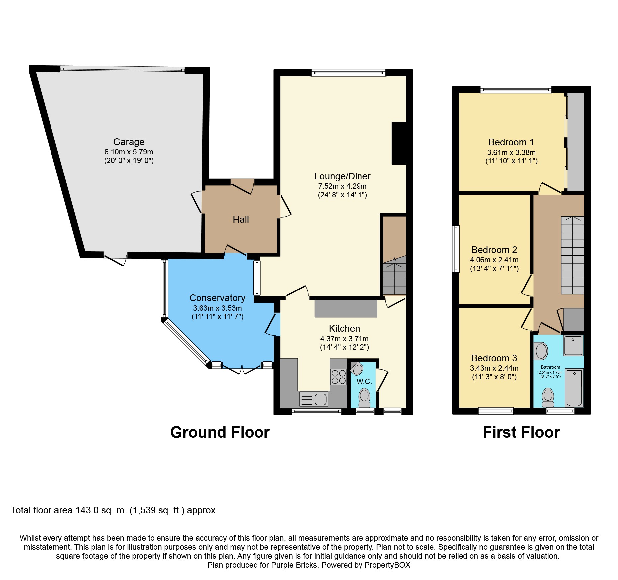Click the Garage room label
pos(129,142)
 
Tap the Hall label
pos(241,220)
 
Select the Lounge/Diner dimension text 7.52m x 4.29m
pos(342,186)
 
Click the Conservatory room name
pos(217,298)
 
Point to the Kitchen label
pos(344,329)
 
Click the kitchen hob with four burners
pos(338,377)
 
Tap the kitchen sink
pos(314,399)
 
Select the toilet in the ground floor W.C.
pos(364,398)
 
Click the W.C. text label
pos(364,382)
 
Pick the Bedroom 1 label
pos(511,142)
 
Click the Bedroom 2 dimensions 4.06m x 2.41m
pos(494,260)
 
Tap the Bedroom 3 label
pos(494,358)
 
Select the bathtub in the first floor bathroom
pos(574,388)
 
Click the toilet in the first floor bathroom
pos(548,398)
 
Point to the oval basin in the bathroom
pos(541,351)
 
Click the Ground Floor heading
pos(220,432)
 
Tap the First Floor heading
pos(521,432)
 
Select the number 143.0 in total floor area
pos(87,510)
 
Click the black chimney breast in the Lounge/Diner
pos(399,143)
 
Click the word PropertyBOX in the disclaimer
pos(387,565)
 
